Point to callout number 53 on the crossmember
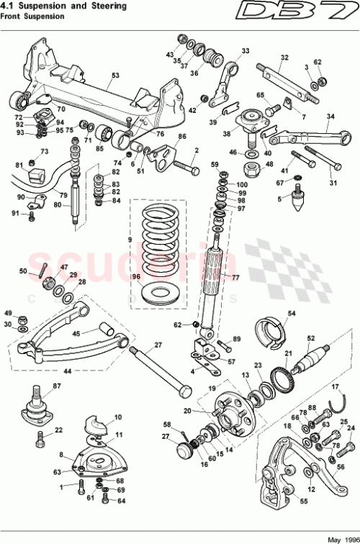(114, 74)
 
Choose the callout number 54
(292, 313)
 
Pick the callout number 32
(284, 58)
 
